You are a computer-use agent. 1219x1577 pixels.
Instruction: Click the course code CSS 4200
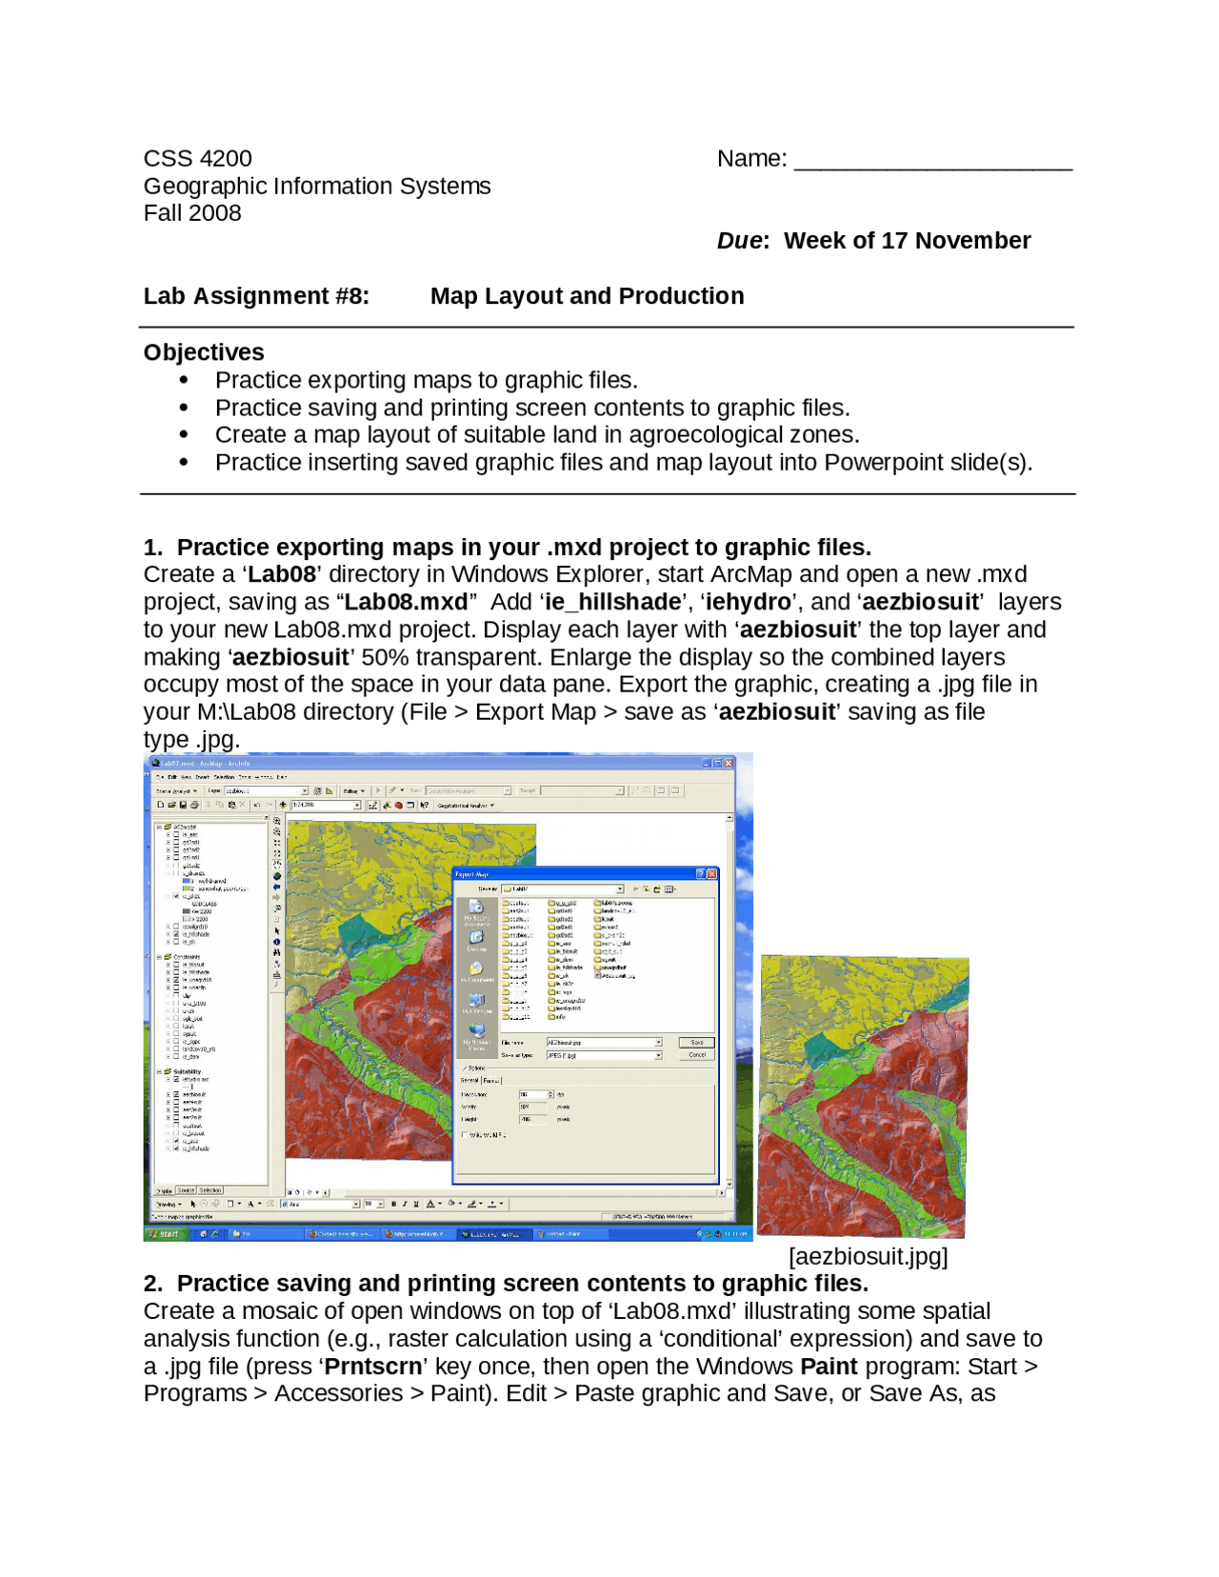pyautogui.click(x=197, y=158)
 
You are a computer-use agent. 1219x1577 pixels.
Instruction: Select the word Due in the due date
pyautogui.click(x=740, y=241)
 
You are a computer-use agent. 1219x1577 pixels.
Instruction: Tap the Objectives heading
pyautogui.click(x=204, y=352)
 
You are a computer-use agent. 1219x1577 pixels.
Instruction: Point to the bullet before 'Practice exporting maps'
pyautogui.click(x=184, y=381)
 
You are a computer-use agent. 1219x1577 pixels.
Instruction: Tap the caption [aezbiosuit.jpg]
pyautogui.click(x=868, y=1257)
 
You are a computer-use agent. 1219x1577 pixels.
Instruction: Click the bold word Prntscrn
pyautogui.click(x=372, y=1367)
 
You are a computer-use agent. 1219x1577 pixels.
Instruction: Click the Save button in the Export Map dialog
pyautogui.click(x=697, y=1043)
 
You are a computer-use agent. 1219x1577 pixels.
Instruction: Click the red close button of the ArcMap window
pyautogui.click(x=729, y=764)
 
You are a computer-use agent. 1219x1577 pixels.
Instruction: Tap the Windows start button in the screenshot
pyautogui.click(x=164, y=1234)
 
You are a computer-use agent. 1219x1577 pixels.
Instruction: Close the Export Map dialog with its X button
pyautogui.click(x=711, y=874)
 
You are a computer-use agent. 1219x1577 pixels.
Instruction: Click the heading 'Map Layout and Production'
pyautogui.click(x=587, y=297)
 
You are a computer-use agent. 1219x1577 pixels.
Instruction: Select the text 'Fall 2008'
pyautogui.click(x=192, y=213)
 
